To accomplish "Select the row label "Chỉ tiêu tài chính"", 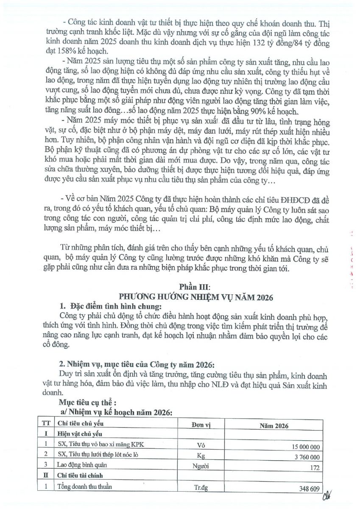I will [x=80, y=475].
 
